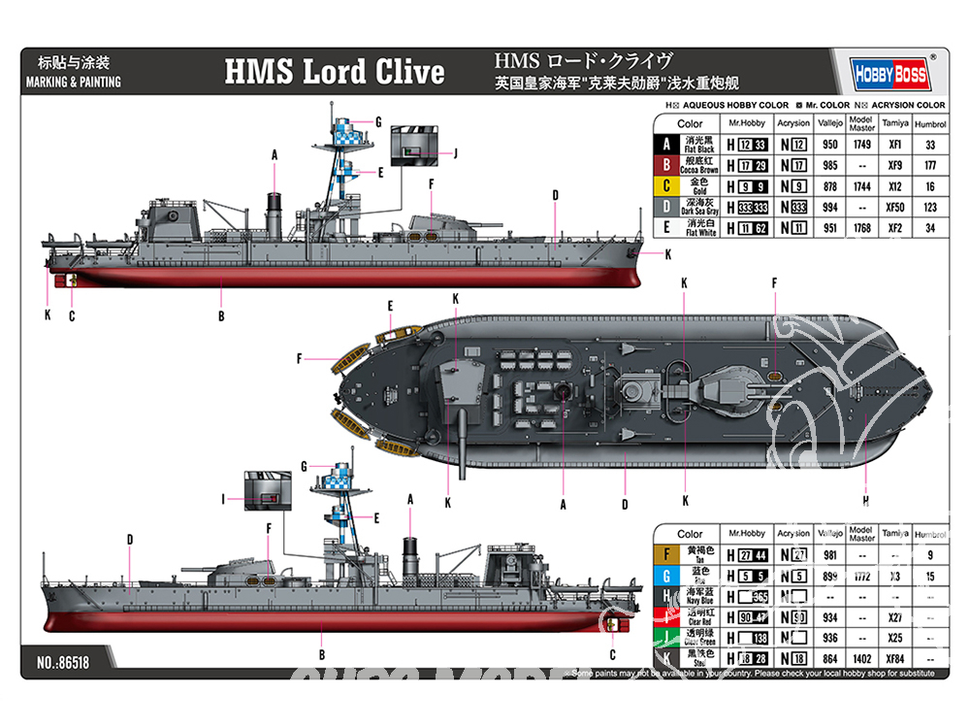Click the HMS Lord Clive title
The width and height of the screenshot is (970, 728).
click(335, 72)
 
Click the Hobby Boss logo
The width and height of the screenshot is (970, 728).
click(892, 74)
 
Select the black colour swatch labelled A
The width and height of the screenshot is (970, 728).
click(665, 144)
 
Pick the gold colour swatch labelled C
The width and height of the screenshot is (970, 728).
click(665, 186)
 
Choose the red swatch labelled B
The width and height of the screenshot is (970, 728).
click(665, 165)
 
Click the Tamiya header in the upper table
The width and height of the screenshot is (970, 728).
click(895, 124)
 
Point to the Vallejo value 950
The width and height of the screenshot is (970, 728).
click(829, 144)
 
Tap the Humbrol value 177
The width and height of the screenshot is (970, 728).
click(929, 165)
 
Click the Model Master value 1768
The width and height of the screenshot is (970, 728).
click(861, 228)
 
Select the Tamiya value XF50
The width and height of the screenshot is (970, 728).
click(895, 208)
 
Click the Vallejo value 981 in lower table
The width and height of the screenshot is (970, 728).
click(828, 555)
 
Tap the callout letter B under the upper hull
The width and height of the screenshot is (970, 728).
click(221, 315)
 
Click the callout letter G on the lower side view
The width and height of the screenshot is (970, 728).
click(304, 466)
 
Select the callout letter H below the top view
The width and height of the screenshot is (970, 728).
click(864, 502)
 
